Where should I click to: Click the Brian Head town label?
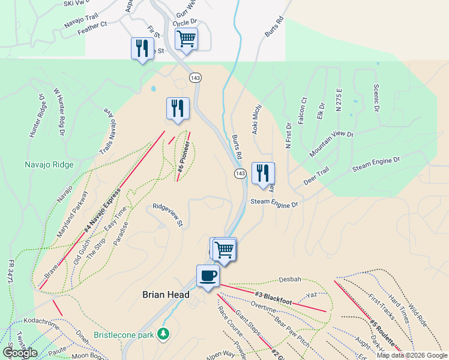pyautogui.click(x=166, y=295)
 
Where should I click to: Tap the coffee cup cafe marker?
pyautogui.click(x=208, y=277)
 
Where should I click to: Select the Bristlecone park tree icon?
pyautogui.click(x=163, y=333)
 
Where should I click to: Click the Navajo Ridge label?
pyautogui.click(x=49, y=165)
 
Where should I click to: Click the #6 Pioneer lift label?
pyautogui.click(x=184, y=160)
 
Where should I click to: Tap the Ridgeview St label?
pyautogui.click(x=167, y=214)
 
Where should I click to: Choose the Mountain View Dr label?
pyautogui.click(x=331, y=143)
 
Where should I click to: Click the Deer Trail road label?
pyautogui.click(x=316, y=176)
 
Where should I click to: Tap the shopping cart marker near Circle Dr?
pyautogui.click(x=186, y=40)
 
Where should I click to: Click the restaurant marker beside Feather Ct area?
pyautogui.click(x=142, y=48)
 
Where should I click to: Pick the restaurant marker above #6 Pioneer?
pyautogui.click(x=177, y=109)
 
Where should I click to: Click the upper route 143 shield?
pyautogui.click(x=194, y=78)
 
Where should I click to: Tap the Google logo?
pyautogui.click(x=20, y=353)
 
